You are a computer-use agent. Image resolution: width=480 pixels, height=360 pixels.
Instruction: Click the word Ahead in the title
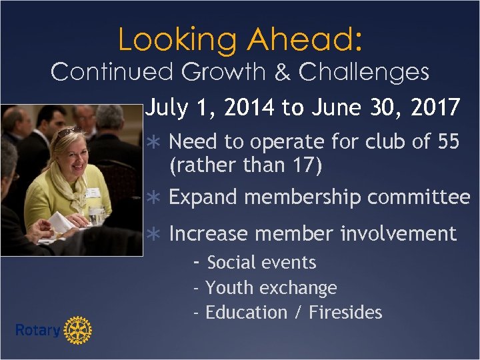click(x=304, y=40)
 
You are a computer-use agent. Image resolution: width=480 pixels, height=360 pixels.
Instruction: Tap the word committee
click(x=419, y=198)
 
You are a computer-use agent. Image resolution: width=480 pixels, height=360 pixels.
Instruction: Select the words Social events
click(x=261, y=263)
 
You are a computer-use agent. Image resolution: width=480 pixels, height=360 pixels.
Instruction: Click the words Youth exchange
click(x=271, y=288)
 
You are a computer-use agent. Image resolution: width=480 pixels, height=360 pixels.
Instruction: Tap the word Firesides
click(x=345, y=313)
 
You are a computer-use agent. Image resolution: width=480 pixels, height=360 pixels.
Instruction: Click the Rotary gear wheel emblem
click(x=78, y=329)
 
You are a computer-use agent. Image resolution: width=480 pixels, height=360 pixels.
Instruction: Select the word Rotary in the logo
click(x=37, y=330)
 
